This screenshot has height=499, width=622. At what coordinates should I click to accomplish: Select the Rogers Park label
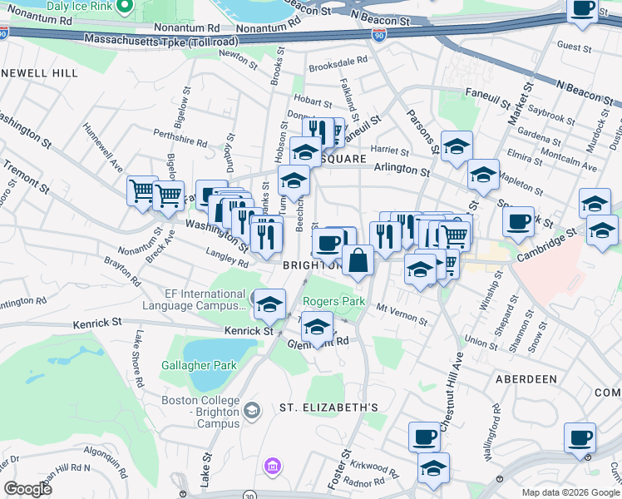[333, 301]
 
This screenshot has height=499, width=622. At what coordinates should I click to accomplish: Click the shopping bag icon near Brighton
[358, 260]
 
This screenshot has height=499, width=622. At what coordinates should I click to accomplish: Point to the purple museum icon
[271, 467]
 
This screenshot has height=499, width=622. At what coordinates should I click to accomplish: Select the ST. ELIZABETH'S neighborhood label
[328, 408]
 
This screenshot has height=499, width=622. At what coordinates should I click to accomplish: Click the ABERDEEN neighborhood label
[526, 379]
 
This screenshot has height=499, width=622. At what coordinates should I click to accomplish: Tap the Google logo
[28, 489]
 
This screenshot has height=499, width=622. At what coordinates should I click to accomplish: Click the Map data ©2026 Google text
[570, 492]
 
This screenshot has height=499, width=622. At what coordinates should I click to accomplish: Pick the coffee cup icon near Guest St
[583, 9]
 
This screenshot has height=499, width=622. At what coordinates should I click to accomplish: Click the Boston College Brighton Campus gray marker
[252, 410]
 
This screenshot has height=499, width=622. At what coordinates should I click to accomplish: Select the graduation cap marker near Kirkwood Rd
[433, 468]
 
